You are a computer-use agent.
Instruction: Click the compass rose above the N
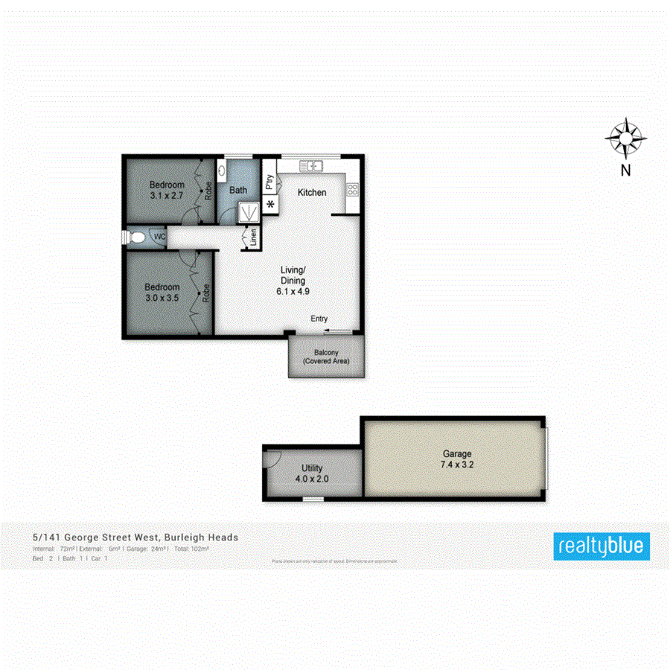pyautogui.click(x=625, y=138)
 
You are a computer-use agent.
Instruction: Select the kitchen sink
pyautogui.click(x=310, y=165)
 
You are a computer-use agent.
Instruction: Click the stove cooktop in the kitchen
pyautogui.click(x=352, y=190)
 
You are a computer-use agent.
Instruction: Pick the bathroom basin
pyautogui.click(x=223, y=170)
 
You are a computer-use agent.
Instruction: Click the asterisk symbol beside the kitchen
pyautogui.click(x=269, y=205)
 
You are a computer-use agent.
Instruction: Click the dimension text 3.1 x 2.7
pyautogui.click(x=167, y=196)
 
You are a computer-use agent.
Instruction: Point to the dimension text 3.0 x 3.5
pyautogui.click(x=162, y=298)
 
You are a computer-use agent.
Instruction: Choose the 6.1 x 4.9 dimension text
pyautogui.click(x=293, y=291)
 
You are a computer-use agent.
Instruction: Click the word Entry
pyautogui.click(x=319, y=319)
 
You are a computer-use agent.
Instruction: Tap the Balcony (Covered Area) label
pyautogui.click(x=326, y=357)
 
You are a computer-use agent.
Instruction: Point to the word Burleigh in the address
pyautogui.click(x=188, y=537)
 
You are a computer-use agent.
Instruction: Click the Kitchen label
pyautogui.click(x=312, y=192)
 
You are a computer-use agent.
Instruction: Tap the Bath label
pyautogui.click(x=238, y=191)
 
